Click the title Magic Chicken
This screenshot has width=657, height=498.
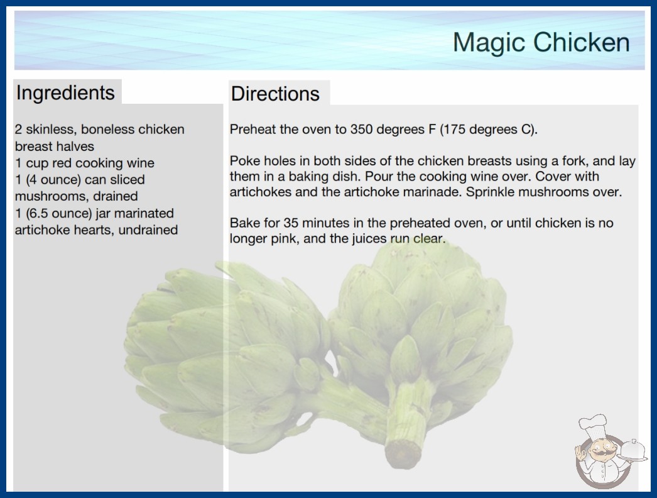(x=541, y=42)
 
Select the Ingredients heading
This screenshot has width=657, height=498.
(x=65, y=93)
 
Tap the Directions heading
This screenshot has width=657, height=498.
(x=275, y=94)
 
